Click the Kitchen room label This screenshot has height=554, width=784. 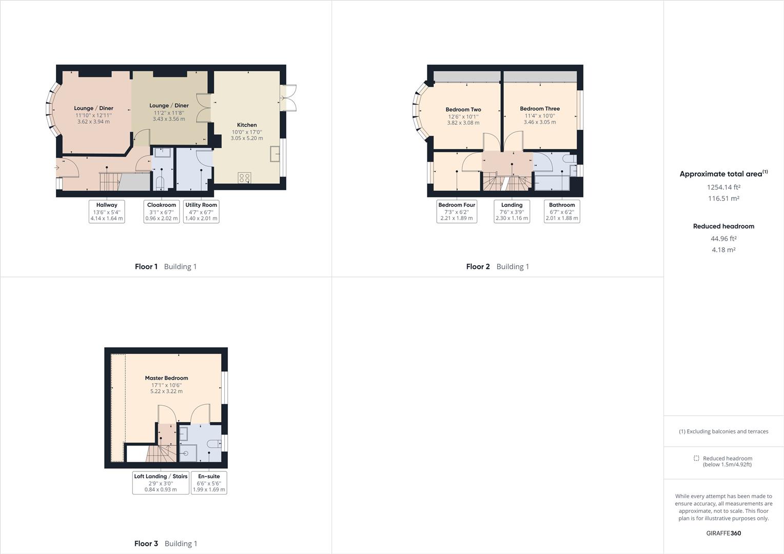tap(247, 125)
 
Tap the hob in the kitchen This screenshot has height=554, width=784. tap(244, 178)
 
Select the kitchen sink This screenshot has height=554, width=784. tap(275, 154)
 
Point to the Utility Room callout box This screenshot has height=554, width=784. tap(201, 211)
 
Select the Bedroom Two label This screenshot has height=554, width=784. tap(463, 110)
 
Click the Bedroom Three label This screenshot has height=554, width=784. tap(540, 109)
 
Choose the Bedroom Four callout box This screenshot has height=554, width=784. tap(457, 211)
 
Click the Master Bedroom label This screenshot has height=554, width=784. tap(166, 378)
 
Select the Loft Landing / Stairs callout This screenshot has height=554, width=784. tap(161, 483)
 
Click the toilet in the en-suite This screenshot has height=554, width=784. tap(214, 444)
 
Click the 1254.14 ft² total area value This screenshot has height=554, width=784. tap(723, 187)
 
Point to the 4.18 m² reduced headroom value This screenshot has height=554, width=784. tap(723, 249)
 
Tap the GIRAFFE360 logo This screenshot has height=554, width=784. tap(723, 533)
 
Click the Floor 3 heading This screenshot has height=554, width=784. tap(146, 544)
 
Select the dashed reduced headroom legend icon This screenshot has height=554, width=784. tap(696, 458)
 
